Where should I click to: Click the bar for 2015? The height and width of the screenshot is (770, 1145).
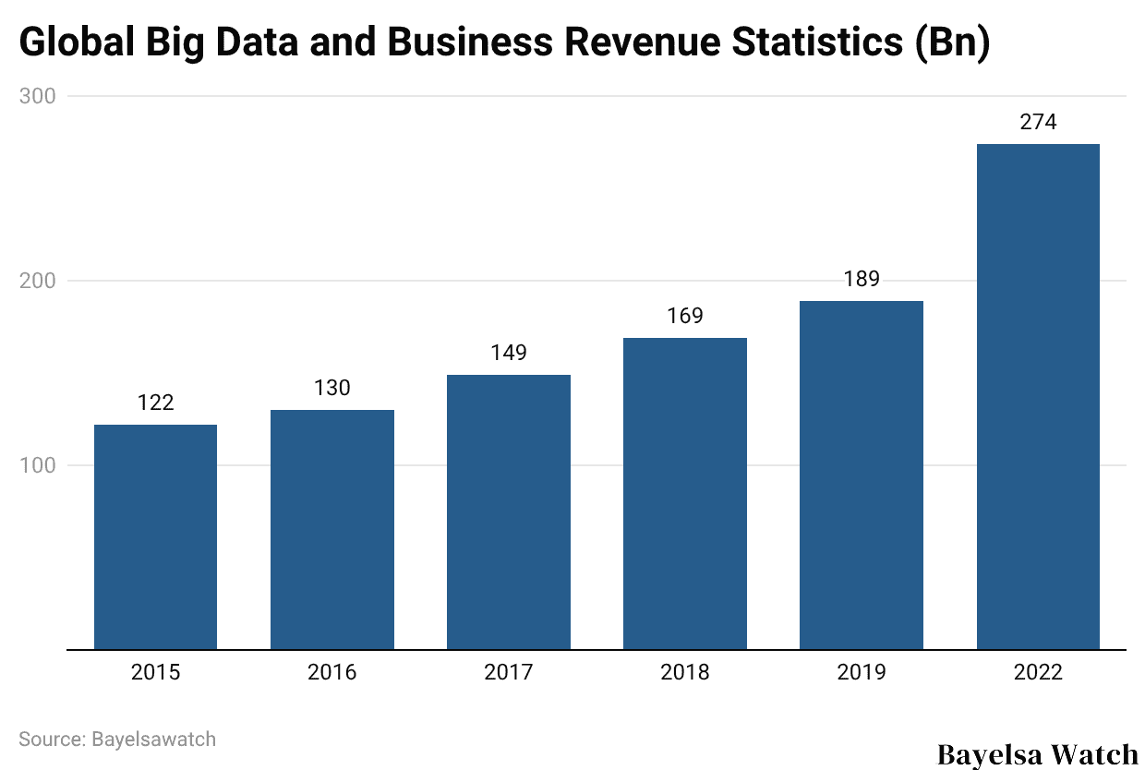pyautogui.click(x=155, y=536)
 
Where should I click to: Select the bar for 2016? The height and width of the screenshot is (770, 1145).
pyautogui.click(x=332, y=529)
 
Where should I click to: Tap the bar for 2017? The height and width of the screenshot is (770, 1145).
pyautogui.click(x=509, y=511)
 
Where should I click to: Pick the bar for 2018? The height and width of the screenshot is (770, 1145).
pyautogui.click(x=685, y=493)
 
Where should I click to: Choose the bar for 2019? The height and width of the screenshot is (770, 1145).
pyautogui.click(x=862, y=475)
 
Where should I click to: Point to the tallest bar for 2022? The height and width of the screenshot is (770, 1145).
pyautogui.click(x=1038, y=396)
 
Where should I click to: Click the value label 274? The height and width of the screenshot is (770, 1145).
pyautogui.click(x=1038, y=122)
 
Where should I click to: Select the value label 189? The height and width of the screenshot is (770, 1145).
pyautogui.click(x=862, y=279)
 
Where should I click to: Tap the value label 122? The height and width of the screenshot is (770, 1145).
pyautogui.click(x=155, y=403)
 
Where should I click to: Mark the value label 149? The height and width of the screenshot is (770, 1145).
pyautogui.click(x=509, y=353)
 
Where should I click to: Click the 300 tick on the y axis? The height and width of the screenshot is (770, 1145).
pyautogui.click(x=38, y=96)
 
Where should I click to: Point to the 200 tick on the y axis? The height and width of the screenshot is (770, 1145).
pyautogui.click(x=38, y=281)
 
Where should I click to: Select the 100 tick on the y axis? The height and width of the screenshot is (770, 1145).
pyautogui.click(x=38, y=465)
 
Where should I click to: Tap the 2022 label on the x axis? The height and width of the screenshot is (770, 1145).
pyautogui.click(x=1038, y=672)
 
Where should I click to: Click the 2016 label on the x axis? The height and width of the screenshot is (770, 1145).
pyautogui.click(x=332, y=672)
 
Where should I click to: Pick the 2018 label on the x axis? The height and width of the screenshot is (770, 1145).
pyautogui.click(x=685, y=672)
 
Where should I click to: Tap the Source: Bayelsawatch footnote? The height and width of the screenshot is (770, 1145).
pyautogui.click(x=117, y=739)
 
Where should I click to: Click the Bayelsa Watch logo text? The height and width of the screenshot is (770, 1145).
pyautogui.click(x=1038, y=753)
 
